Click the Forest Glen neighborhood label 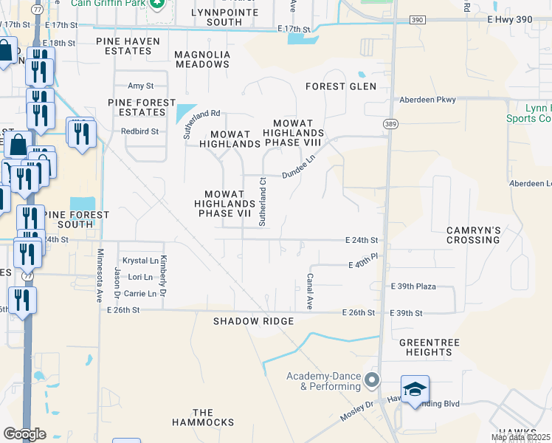[x=341, y=86]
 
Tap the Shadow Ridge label [x=253, y=321]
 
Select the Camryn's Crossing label [x=473, y=235]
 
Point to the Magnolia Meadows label [x=202, y=60]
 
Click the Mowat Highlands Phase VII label [x=224, y=203]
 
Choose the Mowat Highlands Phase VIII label [x=298, y=133]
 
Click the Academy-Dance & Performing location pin [x=371, y=381]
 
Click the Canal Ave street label [x=311, y=291]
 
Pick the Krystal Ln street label [x=140, y=261]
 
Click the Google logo [x=24, y=433]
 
